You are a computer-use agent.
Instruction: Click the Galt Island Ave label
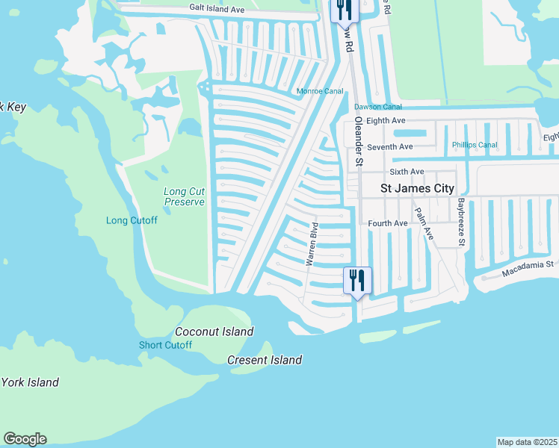click(217, 10)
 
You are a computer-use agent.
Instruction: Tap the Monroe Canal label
click(320, 91)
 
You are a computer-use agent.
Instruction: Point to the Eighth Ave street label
click(386, 120)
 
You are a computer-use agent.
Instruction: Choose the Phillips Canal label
click(475, 145)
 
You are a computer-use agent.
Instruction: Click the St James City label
click(418, 189)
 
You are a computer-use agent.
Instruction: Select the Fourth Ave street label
click(388, 223)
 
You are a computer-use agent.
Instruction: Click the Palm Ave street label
click(424, 223)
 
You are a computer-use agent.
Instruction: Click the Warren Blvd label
click(312, 244)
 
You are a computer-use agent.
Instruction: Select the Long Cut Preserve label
click(184, 196)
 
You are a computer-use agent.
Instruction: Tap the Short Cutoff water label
click(165, 345)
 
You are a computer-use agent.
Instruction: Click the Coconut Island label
click(214, 332)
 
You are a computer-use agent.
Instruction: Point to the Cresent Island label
click(265, 360)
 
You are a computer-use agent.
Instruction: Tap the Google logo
click(25, 439)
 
